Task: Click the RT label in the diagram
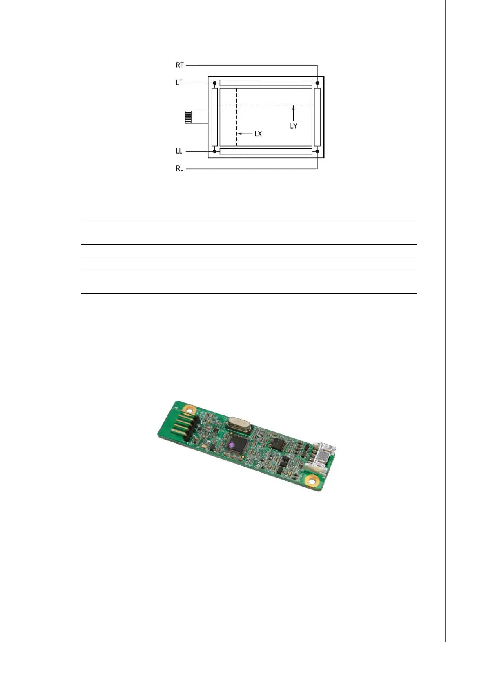point(180,65)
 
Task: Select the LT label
point(179,83)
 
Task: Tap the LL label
point(179,151)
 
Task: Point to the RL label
point(180,169)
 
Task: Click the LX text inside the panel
point(258,134)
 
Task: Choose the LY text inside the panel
point(294,126)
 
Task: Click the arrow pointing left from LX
point(245,134)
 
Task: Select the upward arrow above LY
point(294,113)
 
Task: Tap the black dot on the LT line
point(214,83)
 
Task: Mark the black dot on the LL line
point(214,151)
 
